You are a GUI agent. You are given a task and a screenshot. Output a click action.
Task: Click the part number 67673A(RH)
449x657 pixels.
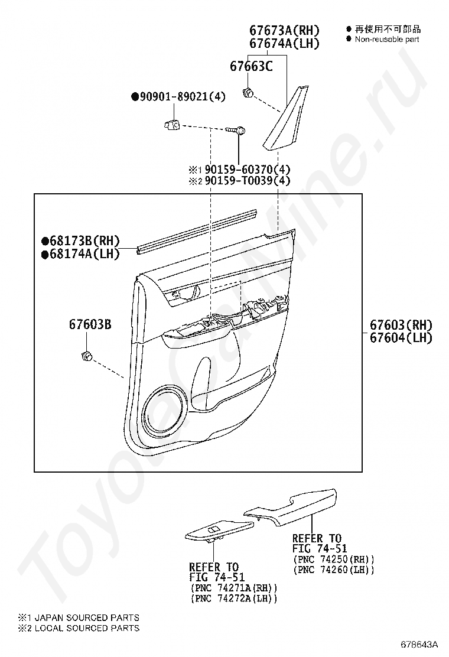click(284, 31)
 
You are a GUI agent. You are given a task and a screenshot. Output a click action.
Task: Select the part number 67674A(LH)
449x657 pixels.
click(284, 44)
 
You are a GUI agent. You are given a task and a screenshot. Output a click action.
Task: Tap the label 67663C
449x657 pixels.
click(251, 67)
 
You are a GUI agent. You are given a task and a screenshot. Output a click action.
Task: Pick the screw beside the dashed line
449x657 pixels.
click(236, 129)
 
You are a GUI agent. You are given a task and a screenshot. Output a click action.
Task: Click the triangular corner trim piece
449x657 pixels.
click(288, 118)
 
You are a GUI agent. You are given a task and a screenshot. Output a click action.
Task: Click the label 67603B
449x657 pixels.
click(90, 324)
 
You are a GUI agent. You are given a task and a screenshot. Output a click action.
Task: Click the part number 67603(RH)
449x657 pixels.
click(401, 325)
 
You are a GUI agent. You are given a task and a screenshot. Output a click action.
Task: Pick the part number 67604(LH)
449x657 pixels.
click(401, 338)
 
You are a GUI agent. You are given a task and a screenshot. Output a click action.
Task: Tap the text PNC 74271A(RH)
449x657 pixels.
click(233, 588)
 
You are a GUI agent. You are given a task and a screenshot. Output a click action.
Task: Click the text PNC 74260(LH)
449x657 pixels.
click(334, 570)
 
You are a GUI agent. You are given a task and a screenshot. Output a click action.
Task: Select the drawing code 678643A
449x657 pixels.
click(421, 643)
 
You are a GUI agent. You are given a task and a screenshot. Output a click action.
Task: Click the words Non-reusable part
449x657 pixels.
click(387, 39)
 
